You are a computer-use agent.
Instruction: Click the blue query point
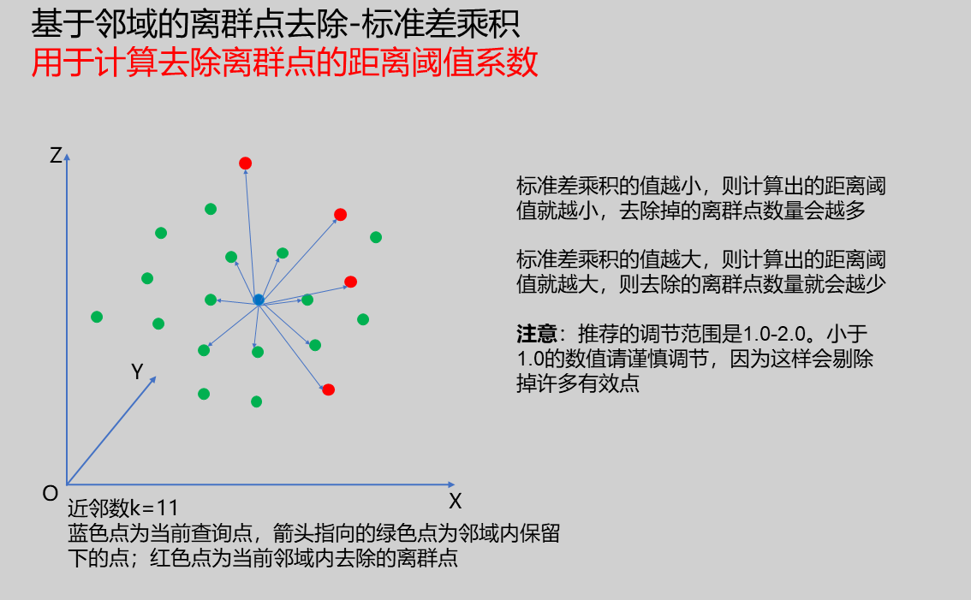259,300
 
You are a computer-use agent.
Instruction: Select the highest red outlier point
245,163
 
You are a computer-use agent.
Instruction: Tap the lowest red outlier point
329,389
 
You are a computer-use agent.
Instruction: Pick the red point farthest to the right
350,282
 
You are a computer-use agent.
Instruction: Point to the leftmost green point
97,317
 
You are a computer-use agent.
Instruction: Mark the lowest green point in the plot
256,402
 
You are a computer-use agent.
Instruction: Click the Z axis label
56,156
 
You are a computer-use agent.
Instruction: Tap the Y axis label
138,371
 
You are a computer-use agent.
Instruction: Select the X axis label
456,501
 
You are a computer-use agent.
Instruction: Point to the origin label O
51,494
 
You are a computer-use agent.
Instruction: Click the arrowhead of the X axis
451,484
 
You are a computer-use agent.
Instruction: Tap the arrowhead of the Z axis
67,157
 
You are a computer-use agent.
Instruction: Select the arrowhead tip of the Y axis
156,377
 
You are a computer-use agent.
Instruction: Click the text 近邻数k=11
123,509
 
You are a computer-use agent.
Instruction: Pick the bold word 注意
537,335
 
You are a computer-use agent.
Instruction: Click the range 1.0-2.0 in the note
774,335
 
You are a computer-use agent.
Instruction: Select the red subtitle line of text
284,63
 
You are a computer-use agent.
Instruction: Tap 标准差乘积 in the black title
440,24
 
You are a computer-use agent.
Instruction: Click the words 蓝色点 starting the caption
98,534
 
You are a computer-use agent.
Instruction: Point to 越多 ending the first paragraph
845,211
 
